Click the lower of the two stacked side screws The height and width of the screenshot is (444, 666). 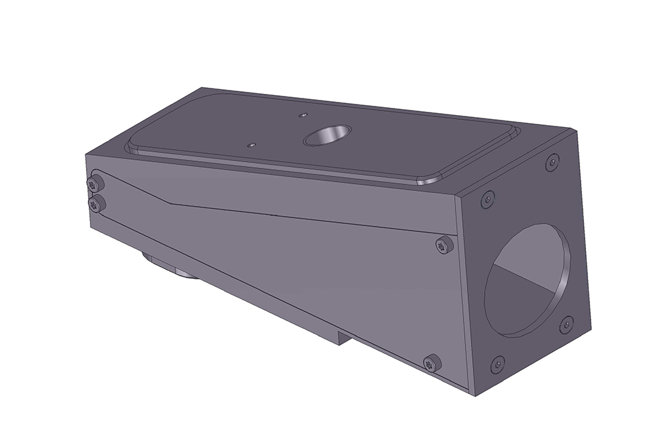pos(97,204)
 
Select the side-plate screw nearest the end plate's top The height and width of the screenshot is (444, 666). pos(444,246)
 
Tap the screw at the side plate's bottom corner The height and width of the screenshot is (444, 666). pos(432,363)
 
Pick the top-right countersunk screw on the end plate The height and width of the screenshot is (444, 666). pos(552,162)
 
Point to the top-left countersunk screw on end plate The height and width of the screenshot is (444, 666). pos(488,198)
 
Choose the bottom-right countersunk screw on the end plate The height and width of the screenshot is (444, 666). pos(566,325)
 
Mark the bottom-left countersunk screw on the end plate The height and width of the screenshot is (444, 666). pos(498,363)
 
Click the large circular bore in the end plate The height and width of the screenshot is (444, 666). pos(526,280)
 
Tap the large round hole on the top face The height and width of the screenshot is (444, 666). pos(326,136)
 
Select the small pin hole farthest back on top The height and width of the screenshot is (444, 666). pos(303,115)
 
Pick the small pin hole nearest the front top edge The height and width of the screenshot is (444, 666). pos(251,144)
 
